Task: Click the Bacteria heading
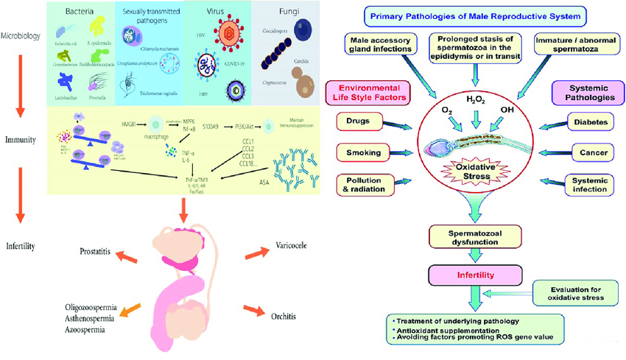pos(82,13)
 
